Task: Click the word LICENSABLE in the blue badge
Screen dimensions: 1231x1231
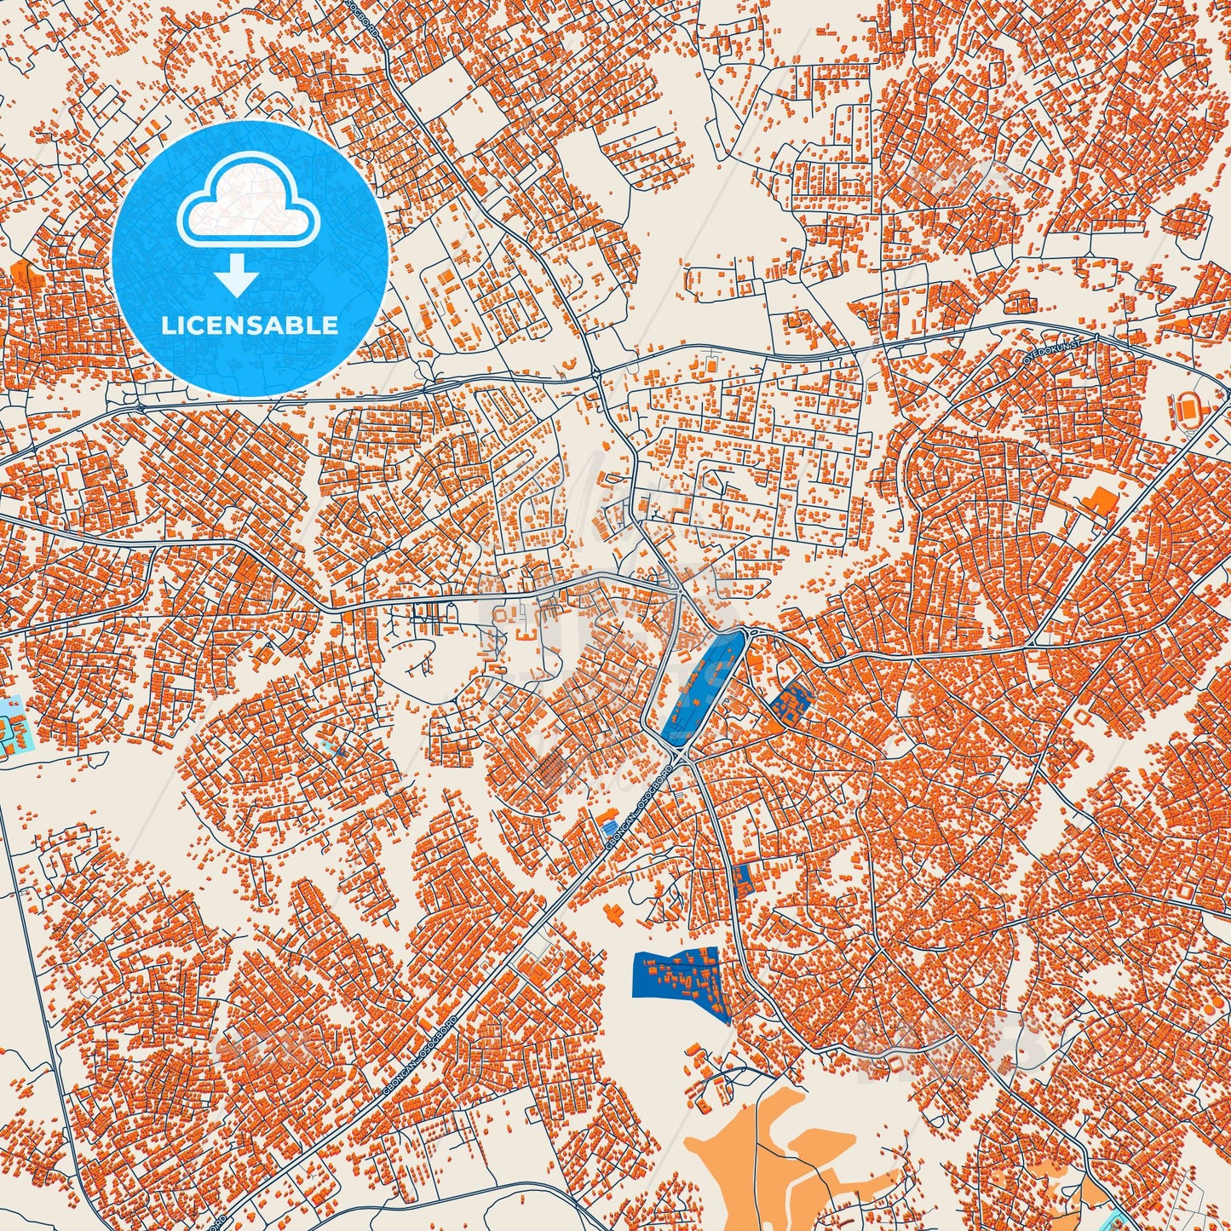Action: [x=250, y=325]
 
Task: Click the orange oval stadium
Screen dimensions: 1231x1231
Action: [x=1188, y=411]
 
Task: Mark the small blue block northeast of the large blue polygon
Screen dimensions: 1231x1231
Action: [x=743, y=879]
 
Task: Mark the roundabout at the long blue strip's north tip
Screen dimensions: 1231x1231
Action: [x=747, y=631]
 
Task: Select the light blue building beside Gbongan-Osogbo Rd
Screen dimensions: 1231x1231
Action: [x=608, y=824]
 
